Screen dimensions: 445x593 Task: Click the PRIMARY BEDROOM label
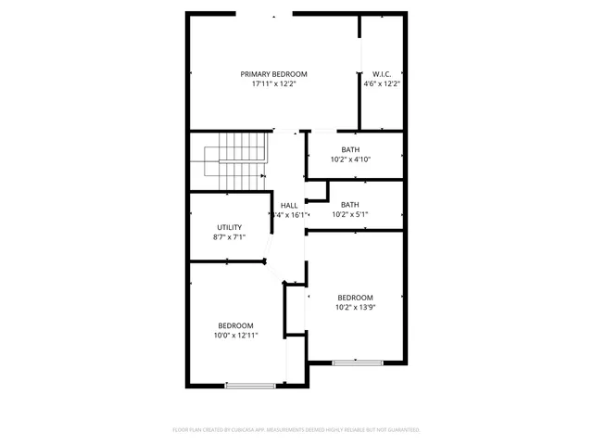pos(273,74)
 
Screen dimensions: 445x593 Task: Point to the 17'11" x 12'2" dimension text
pos(273,84)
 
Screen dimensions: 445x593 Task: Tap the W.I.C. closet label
pos(381,74)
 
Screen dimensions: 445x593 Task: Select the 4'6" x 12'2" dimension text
pos(381,84)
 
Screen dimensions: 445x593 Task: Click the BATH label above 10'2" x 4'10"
pos(350,149)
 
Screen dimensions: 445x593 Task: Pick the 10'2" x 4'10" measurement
pos(350,159)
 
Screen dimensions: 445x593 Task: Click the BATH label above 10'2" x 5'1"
pos(350,205)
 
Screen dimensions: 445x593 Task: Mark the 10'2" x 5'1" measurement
pos(350,215)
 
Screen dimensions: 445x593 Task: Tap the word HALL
pos(288,205)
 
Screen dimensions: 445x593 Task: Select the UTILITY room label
pos(229,227)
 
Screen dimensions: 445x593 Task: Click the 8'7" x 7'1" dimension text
pos(229,237)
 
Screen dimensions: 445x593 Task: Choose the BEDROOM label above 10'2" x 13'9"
pos(355,298)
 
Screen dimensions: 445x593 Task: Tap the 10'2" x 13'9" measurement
pos(355,308)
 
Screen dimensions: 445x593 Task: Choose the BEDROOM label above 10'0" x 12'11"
pos(235,325)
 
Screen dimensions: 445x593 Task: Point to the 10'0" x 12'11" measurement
pos(235,336)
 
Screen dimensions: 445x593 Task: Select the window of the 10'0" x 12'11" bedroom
pos(249,385)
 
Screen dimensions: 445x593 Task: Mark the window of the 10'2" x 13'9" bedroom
pos(355,362)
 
